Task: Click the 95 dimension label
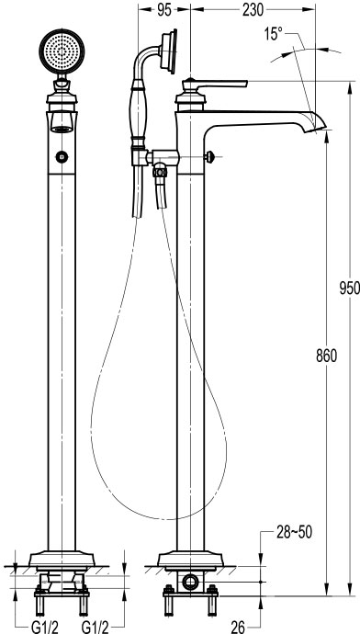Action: click(164, 10)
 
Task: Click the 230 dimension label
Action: click(253, 10)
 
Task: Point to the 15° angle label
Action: click(274, 34)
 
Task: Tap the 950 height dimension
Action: click(350, 289)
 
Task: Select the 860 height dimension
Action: click(326, 356)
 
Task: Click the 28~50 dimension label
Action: click(295, 533)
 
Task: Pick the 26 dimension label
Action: click(239, 628)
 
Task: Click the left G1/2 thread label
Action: click(44, 628)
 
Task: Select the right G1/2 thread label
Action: click(95, 628)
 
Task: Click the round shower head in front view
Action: click(62, 51)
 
